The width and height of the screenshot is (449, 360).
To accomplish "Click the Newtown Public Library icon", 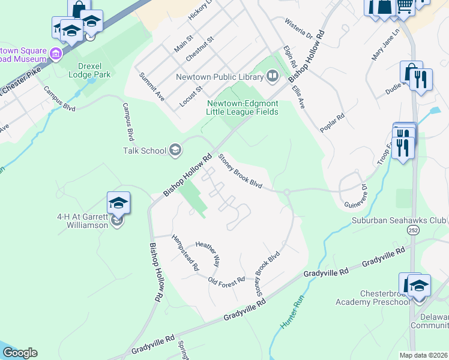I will point(272,77).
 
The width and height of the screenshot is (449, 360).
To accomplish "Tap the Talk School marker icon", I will point(175,150).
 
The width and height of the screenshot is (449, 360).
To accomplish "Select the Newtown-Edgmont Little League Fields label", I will point(242,107).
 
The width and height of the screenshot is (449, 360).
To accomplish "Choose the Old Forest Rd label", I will point(226,280).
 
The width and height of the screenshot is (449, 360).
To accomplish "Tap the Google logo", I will point(19,353).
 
